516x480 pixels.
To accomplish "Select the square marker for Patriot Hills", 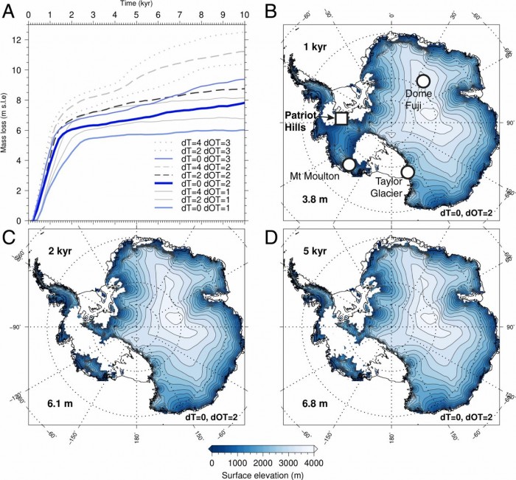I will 341,118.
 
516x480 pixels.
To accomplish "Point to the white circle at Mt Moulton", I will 349,164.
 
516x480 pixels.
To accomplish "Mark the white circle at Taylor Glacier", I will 408,171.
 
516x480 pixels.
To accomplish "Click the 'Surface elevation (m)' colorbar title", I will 263,474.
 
